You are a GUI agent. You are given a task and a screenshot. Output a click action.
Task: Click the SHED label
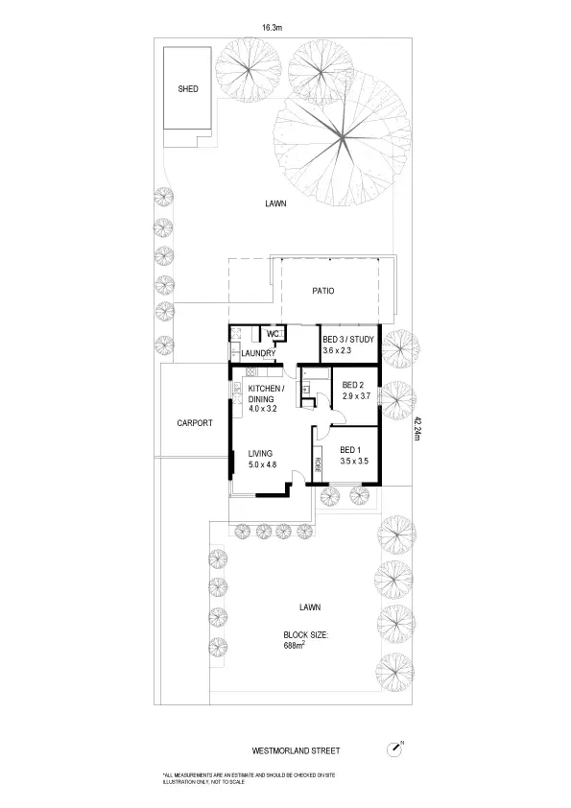188,89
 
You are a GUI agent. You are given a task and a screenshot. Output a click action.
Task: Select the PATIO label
321,291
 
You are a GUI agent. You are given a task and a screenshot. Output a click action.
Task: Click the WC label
272,334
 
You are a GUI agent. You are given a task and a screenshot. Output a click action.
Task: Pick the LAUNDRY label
259,353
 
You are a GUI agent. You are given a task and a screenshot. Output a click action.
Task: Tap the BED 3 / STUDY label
348,340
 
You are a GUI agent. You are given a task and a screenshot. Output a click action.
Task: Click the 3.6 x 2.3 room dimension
344,352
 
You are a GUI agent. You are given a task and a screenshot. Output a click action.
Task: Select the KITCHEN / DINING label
264,393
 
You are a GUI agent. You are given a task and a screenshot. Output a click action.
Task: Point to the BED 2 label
354,385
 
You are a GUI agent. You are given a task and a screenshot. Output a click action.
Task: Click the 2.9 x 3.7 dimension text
356,396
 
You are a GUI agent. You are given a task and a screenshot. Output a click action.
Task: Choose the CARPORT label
194,422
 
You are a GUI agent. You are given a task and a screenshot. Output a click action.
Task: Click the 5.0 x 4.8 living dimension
262,464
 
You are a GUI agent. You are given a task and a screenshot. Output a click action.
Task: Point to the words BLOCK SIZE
306,634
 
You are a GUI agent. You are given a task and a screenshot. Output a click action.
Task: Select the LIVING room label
260,453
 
